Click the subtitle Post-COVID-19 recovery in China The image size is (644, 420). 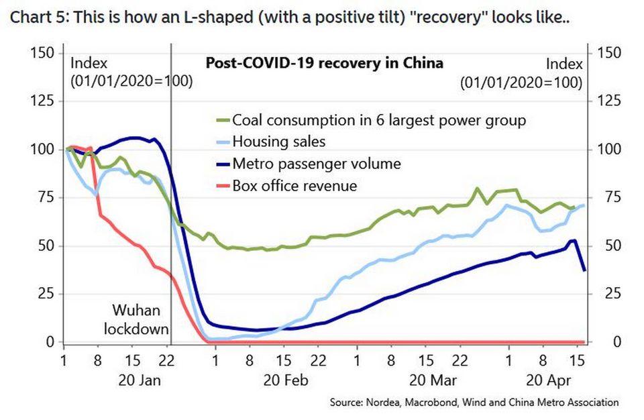click(x=323, y=64)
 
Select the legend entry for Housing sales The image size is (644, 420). click(x=278, y=142)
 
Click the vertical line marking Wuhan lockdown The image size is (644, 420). click(x=170, y=201)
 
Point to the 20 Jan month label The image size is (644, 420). click(x=140, y=380)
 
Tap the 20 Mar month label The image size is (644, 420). click(x=432, y=380)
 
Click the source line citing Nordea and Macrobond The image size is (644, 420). click(x=474, y=403)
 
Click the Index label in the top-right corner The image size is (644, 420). click(x=563, y=64)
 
